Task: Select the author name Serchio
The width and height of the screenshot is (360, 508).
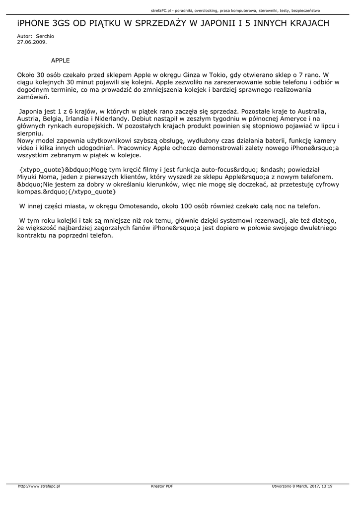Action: pyautogui.click(x=45, y=37)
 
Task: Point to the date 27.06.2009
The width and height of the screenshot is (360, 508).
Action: pyautogui.click(x=32, y=42)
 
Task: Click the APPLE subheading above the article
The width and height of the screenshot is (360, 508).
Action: pyautogui.click(x=61, y=61)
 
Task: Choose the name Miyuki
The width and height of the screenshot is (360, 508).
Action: pyautogui.click(x=28, y=178)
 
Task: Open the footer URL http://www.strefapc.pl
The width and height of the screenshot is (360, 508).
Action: pyautogui.click(x=39, y=486)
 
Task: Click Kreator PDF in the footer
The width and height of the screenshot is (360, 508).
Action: pyautogui.click(x=162, y=486)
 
